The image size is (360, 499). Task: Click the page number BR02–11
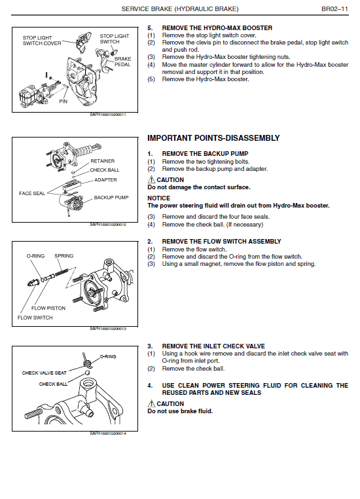coord(334,9)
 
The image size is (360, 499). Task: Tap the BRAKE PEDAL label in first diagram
coord(122,62)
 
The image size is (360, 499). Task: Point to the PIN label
coord(63,102)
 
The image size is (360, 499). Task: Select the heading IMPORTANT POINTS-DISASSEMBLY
coord(213,138)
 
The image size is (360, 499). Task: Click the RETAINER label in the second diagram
coord(102,160)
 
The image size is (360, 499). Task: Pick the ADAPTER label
coord(105,179)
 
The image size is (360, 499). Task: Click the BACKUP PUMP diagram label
coord(109,197)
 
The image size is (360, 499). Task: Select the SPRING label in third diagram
coord(63,256)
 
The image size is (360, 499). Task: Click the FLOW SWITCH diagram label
coord(34,318)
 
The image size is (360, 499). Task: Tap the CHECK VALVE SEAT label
coord(45,373)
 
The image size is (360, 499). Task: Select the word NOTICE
coord(158,198)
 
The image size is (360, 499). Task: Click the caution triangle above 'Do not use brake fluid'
coord(151,404)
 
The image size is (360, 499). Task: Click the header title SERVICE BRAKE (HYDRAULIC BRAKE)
coord(180,9)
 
